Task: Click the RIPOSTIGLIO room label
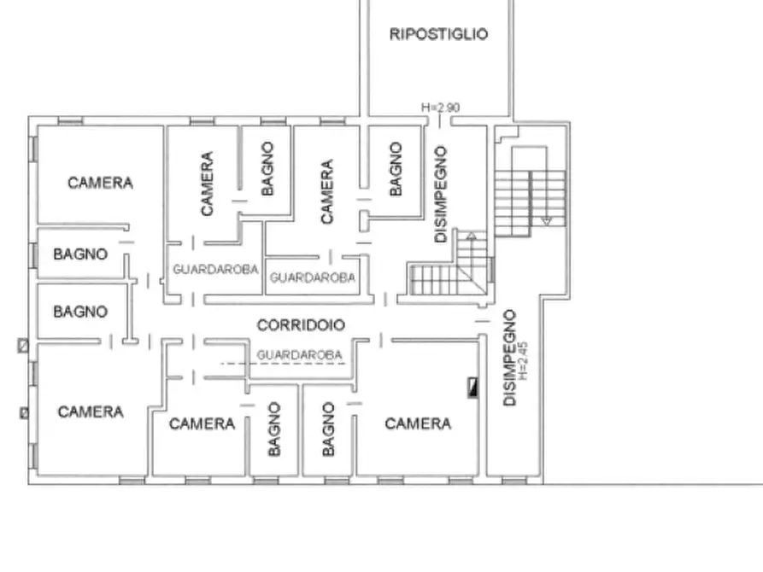coord(438,35)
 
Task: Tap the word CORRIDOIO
coord(301,325)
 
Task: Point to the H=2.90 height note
coord(441,108)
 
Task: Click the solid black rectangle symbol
coord(471,388)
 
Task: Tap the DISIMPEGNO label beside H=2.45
coord(510,358)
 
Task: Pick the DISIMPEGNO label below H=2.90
coord(441,194)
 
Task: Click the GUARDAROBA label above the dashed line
coord(299,354)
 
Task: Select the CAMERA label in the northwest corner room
coord(100,183)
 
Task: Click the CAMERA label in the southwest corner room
coord(91,412)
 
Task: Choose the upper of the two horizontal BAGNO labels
coord(80,254)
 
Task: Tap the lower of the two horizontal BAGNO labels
coord(80,312)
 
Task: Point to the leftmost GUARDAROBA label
coord(215,269)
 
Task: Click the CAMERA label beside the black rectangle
coord(418,423)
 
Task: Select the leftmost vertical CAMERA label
coord(208,183)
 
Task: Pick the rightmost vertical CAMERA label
coord(327,192)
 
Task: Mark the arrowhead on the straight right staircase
coord(547,221)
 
